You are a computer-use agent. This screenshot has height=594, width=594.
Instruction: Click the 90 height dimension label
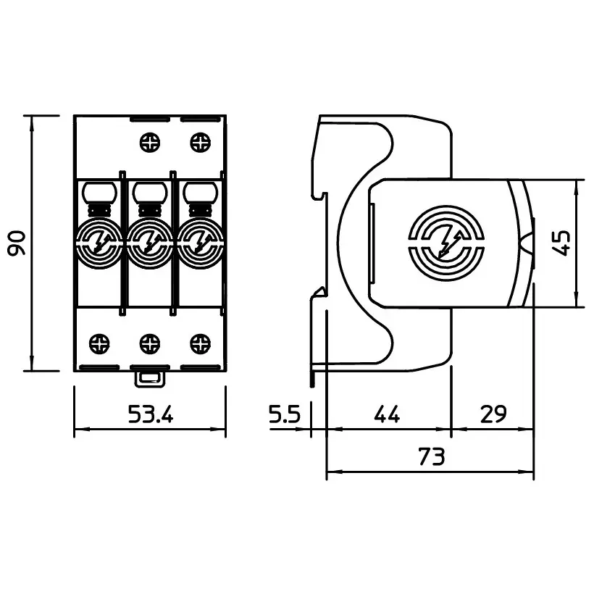tap(17, 243)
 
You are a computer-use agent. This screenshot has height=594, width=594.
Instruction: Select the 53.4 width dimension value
tap(151, 414)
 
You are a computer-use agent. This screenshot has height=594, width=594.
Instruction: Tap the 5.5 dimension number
tap(284, 414)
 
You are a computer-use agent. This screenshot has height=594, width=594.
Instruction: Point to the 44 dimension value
tap(387, 414)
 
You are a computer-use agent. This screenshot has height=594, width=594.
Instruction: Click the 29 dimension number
tap(493, 414)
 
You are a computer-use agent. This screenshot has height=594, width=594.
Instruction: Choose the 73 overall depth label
tap(432, 456)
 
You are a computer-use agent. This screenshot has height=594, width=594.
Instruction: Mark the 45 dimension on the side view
tap(561, 243)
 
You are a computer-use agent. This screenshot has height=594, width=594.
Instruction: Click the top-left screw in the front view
tap(150, 143)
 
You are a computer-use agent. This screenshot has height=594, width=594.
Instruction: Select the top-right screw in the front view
tap(200, 143)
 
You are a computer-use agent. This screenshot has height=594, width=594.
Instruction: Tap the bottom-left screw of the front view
tap(99, 343)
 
